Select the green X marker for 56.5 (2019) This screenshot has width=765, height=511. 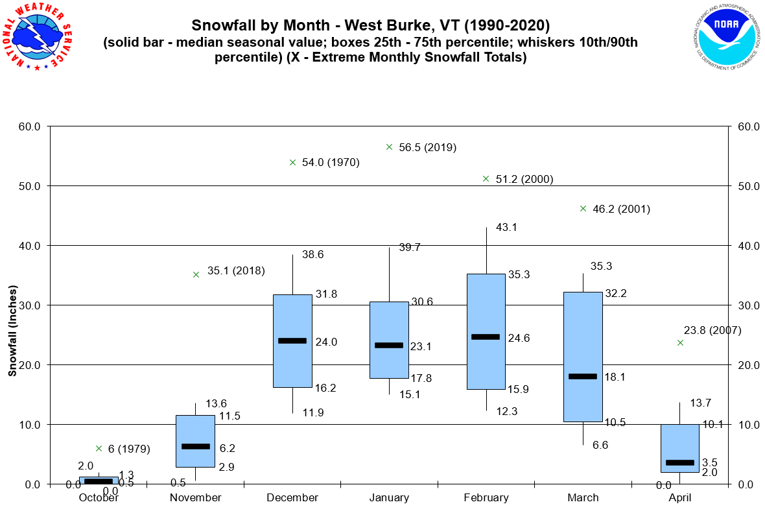pyautogui.click(x=389, y=147)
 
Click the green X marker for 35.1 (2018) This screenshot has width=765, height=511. pyautogui.click(x=196, y=274)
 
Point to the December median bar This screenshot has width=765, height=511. pyautogui.click(x=292, y=340)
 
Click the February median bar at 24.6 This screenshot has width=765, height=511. pyautogui.click(x=486, y=337)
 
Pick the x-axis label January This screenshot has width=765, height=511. pyautogui.click(x=389, y=498)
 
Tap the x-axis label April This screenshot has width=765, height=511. pyautogui.click(x=679, y=498)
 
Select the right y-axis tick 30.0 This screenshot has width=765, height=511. pyautogui.click(x=749, y=305)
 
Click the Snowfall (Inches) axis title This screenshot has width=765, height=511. pyautogui.click(x=12, y=329)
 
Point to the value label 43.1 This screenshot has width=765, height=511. pyautogui.click(x=507, y=228)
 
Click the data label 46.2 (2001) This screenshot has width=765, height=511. pyautogui.click(x=621, y=209)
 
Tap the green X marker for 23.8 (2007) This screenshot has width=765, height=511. pyautogui.click(x=680, y=342)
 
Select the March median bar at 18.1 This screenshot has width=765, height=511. pyautogui.click(x=583, y=376)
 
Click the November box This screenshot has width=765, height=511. pyautogui.click(x=196, y=441)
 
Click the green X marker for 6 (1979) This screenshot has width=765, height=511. pyautogui.click(x=99, y=448)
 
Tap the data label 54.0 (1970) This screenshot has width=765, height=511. pyautogui.click(x=331, y=162)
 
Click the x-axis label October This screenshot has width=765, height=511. pyautogui.click(x=99, y=498)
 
